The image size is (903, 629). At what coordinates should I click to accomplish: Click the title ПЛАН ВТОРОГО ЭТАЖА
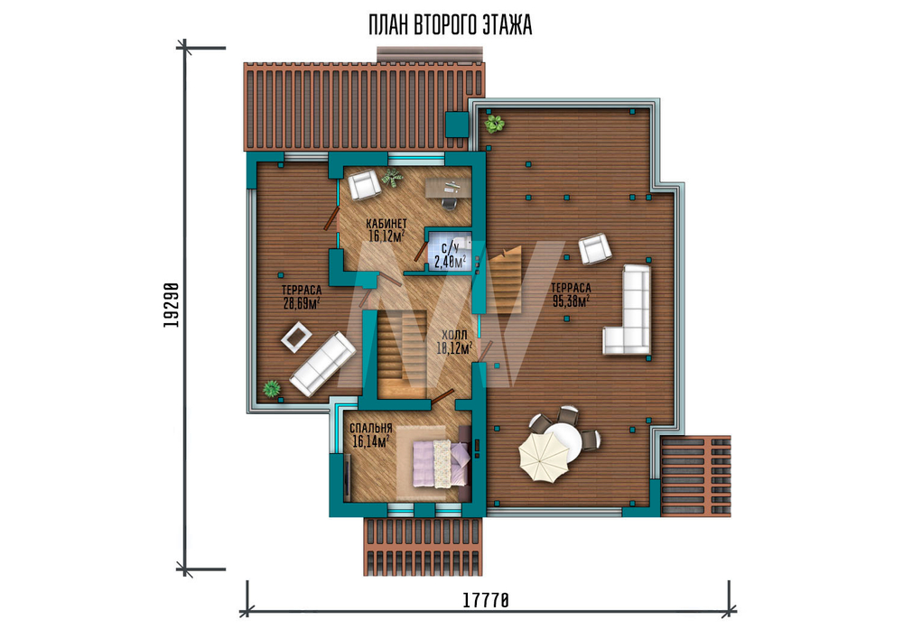point(450,26)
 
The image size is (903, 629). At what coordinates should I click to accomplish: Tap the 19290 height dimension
point(171,305)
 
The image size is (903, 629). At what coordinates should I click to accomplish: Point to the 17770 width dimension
point(486,600)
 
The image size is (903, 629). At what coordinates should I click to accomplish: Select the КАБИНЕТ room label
point(386,223)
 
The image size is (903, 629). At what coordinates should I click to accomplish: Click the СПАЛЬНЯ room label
point(371,428)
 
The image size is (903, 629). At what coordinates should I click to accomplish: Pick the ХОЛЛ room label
point(454,335)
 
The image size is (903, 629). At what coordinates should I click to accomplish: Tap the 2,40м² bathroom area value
point(450,262)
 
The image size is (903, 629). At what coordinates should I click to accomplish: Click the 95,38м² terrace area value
point(571,300)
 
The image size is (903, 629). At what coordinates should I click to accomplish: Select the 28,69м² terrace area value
point(302,302)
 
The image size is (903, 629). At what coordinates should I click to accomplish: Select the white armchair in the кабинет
point(364,185)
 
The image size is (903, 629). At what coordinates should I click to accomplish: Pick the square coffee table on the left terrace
point(296,338)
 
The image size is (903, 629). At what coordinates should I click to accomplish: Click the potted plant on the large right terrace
point(494,123)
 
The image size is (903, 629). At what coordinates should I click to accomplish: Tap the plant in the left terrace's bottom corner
point(271,389)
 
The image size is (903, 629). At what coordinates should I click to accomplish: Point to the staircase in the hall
point(402,353)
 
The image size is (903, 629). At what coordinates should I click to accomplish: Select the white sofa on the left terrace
point(322,365)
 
